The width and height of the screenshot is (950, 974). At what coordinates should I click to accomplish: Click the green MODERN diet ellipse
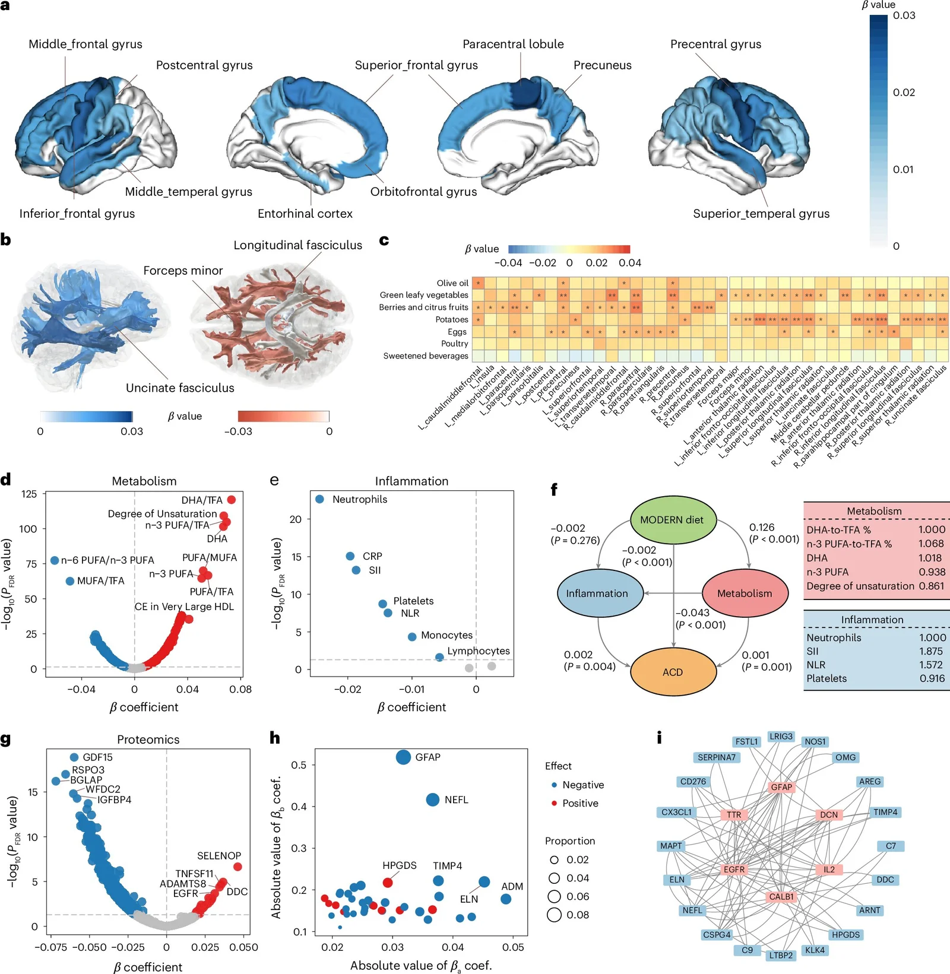(672, 520)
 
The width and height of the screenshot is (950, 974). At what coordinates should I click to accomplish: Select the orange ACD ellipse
(673, 672)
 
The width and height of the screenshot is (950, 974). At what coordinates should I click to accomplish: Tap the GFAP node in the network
(781, 787)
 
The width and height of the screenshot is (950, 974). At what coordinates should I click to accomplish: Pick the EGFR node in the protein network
(734, 870)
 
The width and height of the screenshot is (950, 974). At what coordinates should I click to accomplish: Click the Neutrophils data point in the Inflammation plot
(320, 499)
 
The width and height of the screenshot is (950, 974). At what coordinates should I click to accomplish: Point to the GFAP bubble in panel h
(403, 757)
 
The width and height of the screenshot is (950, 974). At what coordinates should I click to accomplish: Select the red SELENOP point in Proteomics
(237, 867)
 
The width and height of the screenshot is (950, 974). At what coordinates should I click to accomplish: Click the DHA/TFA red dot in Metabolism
(231, 500)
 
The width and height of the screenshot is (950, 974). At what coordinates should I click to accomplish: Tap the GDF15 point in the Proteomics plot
(74, 757)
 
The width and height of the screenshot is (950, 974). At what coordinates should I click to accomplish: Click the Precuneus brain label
(602, 65)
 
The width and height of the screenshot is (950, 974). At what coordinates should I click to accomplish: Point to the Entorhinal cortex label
(305, 214)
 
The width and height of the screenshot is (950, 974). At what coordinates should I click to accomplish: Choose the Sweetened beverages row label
(425, 356)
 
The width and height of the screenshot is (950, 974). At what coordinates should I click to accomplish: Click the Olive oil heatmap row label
(452, 283)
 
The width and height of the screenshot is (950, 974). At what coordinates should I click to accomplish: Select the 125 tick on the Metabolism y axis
(29, 494)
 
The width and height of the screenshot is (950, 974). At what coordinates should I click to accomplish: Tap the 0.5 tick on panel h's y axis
(299, 764)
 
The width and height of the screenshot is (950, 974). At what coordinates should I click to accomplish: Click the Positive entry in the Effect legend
(579, 803)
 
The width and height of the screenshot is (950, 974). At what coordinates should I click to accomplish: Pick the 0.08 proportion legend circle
(554, 915)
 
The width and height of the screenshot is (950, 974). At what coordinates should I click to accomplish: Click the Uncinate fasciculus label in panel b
(180, 388)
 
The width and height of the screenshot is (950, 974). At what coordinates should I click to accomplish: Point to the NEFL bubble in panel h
(433, 799)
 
